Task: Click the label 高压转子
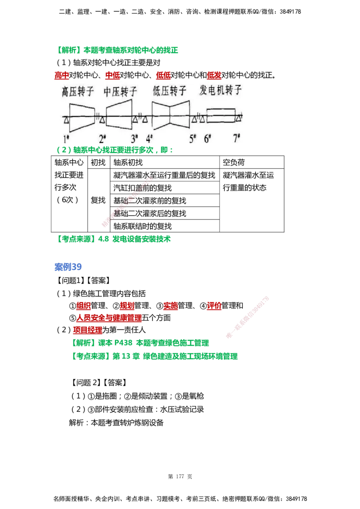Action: pos(78,91)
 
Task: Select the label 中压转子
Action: pos(120,91)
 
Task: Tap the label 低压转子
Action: pos(170,91)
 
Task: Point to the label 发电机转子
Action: pos(220,90)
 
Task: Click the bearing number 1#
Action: pos(66,138)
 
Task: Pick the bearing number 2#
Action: pos(102,138)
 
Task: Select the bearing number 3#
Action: pos(135,138)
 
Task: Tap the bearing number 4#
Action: pos(149,138)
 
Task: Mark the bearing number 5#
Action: pos(193,138)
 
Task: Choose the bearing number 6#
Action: pos(207,138)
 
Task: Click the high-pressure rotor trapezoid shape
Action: pos(82,116)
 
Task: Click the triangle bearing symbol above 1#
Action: pos(66,120)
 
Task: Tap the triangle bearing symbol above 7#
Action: pos(238,118)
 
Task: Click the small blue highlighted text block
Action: pos(68,268)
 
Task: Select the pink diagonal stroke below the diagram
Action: pos(128,201)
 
